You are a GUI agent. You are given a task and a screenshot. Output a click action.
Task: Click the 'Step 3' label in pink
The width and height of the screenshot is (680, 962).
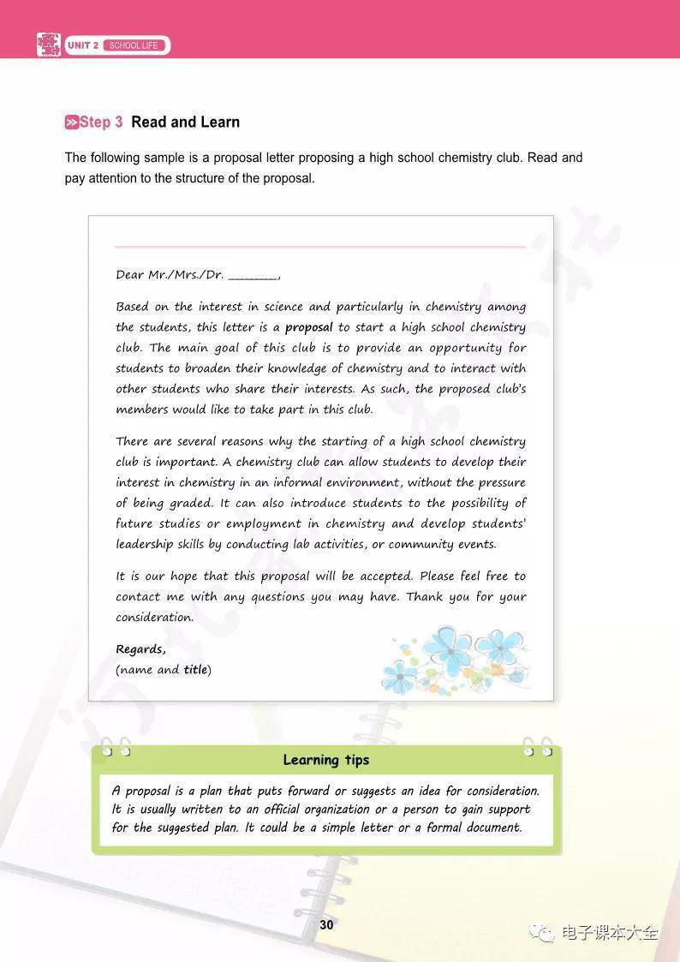[x=101, y=122]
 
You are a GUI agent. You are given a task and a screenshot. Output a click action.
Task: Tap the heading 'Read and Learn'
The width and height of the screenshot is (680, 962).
[x=185, y=122]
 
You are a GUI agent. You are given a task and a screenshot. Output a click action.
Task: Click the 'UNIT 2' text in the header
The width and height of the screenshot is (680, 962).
[x=83, y=45]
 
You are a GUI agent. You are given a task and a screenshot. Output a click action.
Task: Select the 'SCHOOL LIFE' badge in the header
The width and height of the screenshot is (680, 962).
[x=134, y=45]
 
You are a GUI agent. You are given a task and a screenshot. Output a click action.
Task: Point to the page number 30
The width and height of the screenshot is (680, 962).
[x=326, y=924]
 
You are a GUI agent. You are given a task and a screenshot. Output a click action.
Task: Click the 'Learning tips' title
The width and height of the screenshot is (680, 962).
[x=325, y=760]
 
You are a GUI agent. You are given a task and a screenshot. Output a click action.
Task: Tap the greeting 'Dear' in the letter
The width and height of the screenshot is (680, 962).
[x=130, y=275]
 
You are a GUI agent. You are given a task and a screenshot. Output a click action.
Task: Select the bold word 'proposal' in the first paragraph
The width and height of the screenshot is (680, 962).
[x=308, y=327]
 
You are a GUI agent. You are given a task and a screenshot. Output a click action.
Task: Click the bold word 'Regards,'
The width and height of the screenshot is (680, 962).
[x=141, y=649]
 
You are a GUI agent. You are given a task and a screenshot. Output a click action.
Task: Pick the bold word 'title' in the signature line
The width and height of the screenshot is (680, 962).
[x=195, y=670]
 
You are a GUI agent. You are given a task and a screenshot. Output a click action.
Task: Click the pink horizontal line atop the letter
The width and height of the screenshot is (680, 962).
[x=319, y=247]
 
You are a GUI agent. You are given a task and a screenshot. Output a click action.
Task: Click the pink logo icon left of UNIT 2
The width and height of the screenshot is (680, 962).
[x=48, y=45]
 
